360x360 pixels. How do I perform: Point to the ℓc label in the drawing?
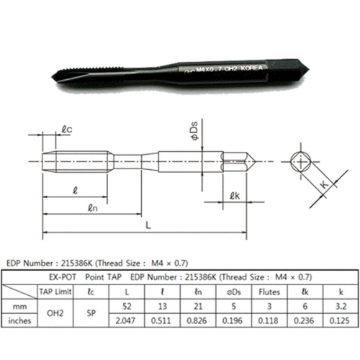pos(67,130)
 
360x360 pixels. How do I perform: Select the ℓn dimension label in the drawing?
pos(92,208)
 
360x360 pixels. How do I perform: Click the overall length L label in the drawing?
pos(147,225)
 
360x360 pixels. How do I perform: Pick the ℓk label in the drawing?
pos(234,196)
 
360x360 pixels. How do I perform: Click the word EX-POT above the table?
pos(60,276)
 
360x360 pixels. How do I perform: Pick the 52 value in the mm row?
pos(127,306)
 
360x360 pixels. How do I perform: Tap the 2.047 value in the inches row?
pos(127,320)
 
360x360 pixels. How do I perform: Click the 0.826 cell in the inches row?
pos(197,320)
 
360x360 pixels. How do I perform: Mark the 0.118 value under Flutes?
pos(268,320)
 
